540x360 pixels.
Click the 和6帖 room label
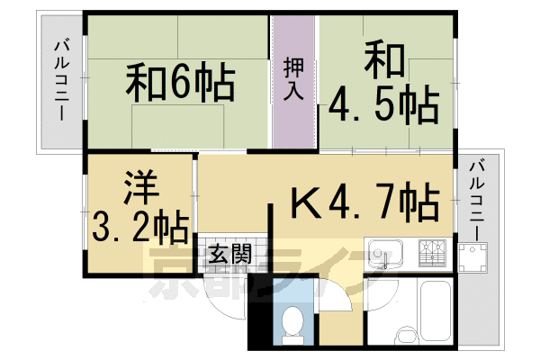[180, 84]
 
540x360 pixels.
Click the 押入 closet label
[294, 78]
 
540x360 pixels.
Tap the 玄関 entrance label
[231, 255]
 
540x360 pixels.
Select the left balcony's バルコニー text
[60, 81]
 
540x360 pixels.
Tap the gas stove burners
[431, 253]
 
